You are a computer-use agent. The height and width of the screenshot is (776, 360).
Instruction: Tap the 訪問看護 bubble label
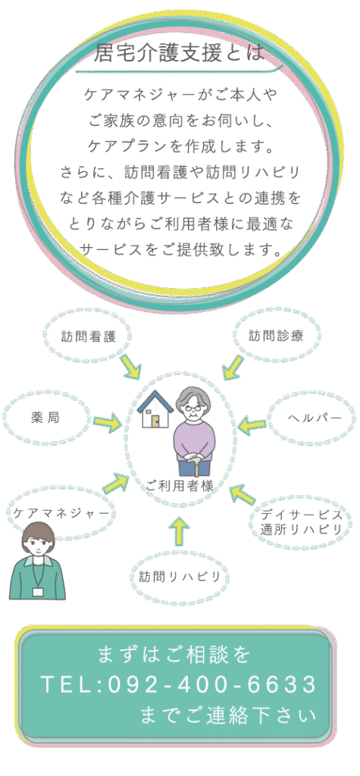pyautogui.click(x=89, y=337)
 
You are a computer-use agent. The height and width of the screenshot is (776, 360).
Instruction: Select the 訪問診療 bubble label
pyautogui.click(x=276, y=336)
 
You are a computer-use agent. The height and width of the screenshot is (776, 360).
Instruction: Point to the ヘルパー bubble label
pyautogui.click(x=315, y=418)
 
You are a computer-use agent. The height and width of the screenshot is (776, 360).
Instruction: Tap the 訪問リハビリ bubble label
pyautogui.click(x=180, y=576)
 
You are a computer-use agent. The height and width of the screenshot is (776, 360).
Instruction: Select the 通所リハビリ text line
pyautogui.click(x=302, y=529)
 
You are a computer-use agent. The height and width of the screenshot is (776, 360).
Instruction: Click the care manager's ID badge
pyautogui.click(x=37, y=591)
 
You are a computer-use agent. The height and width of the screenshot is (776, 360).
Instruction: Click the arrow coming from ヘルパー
pyautogui.click(x=252, y=424)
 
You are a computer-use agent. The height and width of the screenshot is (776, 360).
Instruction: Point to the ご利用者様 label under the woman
pyautogui.click(x=180, y=486)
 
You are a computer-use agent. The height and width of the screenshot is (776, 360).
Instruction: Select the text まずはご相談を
pyautogui.click(x=175, y=655)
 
